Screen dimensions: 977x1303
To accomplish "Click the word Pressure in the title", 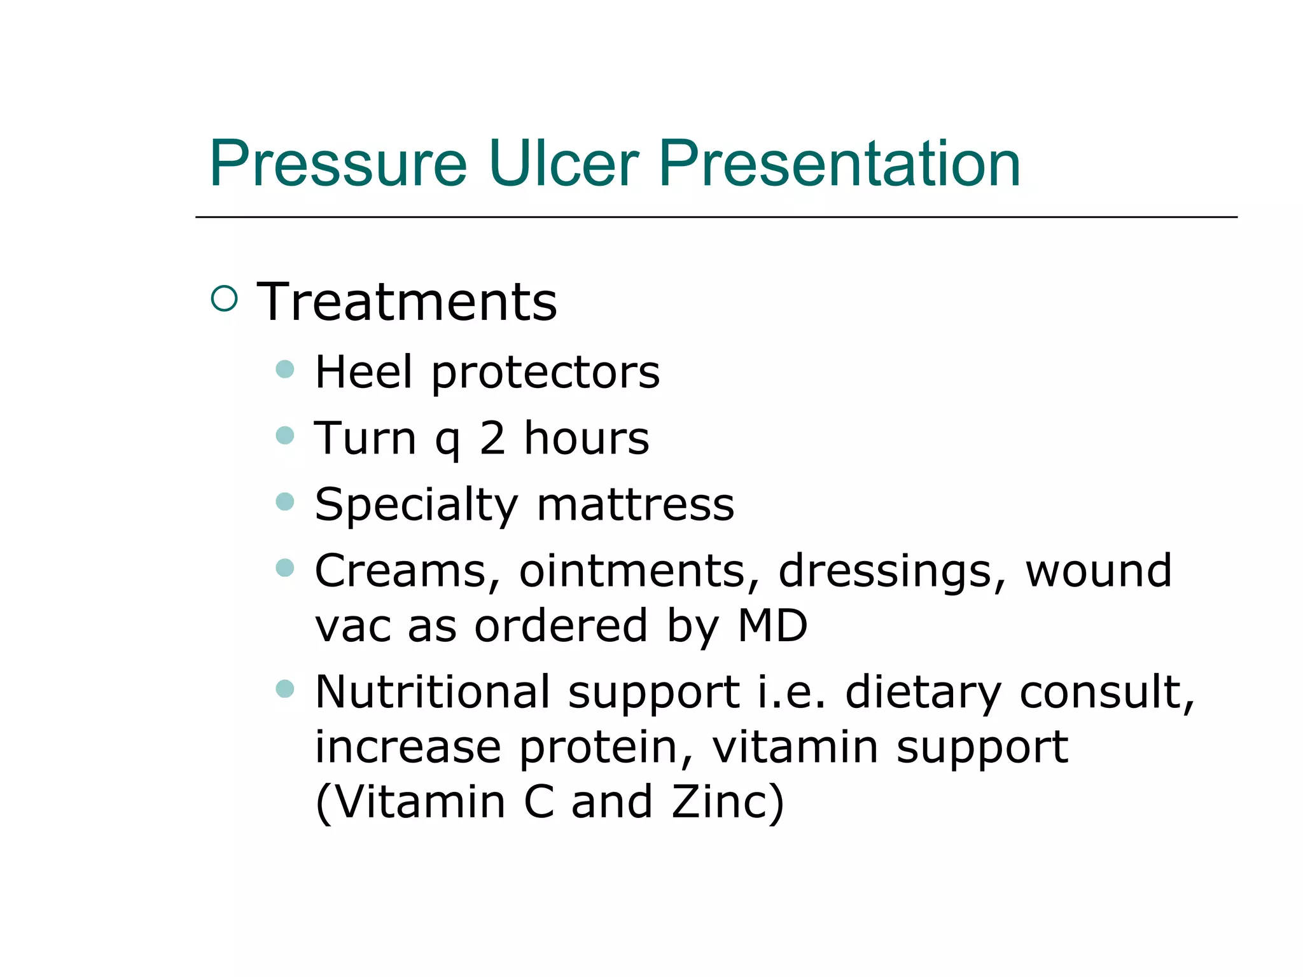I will pyautogui.click(x=338, y=164).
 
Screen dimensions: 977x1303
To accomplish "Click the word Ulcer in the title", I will pyautogui.click(x=562, y=164).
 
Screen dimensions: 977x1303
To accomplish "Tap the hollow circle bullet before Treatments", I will pyautogui.click(x=224, y=298).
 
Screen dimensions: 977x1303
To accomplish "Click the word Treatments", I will pyautogui.click(x=407, y=302).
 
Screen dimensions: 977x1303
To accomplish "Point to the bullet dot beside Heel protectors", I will pyautogui.click(x=285, y=370).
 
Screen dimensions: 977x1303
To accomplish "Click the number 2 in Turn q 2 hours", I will pyautogui.click(x=492, y=438).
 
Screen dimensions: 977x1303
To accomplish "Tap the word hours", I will pyautogui.click(x=586, y=438).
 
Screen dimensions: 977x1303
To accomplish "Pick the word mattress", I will pyautogui.click(x=635, y=504).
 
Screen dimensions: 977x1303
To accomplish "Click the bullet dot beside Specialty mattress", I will pyautogui.click(x=285, y=502).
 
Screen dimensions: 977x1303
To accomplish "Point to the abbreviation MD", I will pyautogui.click(x=772, y=626).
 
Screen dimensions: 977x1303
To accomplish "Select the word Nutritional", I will pyautogui.click(x=433, y=692).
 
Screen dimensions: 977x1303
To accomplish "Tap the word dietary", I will pyautogui.click(x=923, y=693).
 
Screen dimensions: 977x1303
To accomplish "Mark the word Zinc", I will pyautogui.click(x=727, y=802).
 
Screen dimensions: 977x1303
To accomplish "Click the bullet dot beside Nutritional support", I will pyautogui.click(x=285, y=689).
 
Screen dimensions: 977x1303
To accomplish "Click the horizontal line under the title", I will pyautogui.click(x=716, y=217).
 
